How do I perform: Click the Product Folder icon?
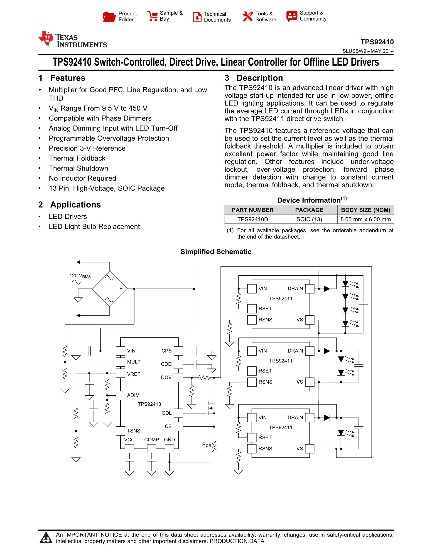109,17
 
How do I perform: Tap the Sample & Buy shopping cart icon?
152,16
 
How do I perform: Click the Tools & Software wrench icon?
248,17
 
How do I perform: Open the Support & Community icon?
292,16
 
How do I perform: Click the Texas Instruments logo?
72,40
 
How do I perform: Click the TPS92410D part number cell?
252,219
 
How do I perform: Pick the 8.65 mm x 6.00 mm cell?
366,219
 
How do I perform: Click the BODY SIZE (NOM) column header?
366,210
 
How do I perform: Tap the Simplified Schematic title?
216,252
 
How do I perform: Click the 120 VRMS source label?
80,276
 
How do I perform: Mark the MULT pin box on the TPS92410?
120,362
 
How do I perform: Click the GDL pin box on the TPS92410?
178,413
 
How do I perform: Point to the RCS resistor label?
206,445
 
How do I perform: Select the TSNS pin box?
120,431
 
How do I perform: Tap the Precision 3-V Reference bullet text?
87,148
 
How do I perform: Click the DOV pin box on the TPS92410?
178,377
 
